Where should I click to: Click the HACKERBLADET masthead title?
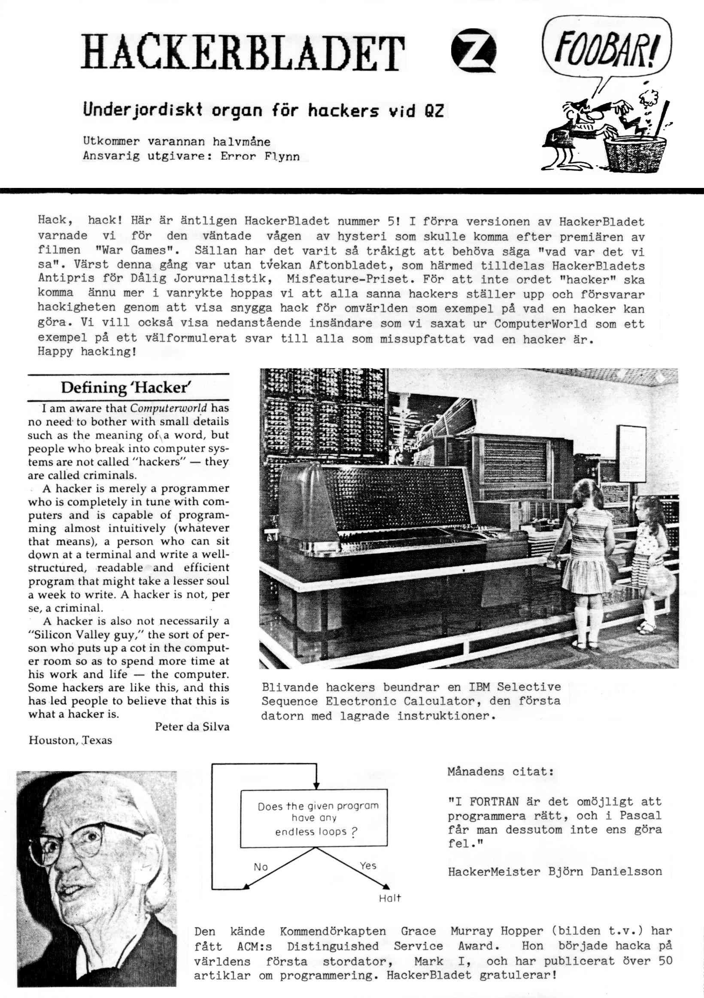243,53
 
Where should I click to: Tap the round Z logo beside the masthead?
473,51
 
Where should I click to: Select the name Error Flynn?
260,157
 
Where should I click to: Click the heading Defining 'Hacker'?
126,387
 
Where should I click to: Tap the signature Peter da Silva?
192,727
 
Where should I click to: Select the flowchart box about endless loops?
313,819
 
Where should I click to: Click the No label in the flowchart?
261,867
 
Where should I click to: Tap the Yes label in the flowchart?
368,865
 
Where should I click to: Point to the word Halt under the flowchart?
390,898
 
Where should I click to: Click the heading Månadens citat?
501,771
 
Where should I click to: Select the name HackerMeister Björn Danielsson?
555,871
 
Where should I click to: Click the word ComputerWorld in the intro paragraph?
540,324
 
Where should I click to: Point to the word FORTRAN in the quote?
494,801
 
